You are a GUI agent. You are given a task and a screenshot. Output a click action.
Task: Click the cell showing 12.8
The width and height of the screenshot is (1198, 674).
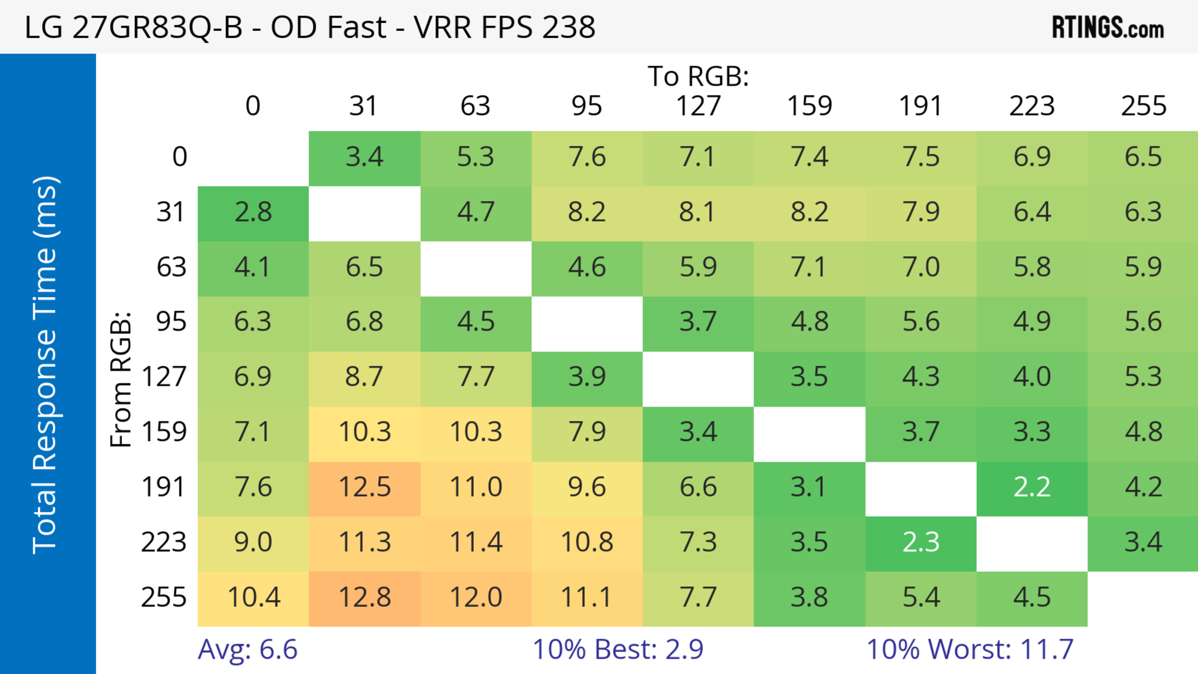365,598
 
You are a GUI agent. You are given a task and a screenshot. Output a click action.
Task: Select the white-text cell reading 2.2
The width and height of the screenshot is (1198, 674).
1032,487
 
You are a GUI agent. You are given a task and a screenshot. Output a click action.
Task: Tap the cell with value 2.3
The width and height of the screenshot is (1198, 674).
921,542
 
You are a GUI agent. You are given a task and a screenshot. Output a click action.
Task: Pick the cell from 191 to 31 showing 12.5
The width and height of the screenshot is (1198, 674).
365,487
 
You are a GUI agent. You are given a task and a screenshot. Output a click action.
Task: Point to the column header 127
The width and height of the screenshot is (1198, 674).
698,106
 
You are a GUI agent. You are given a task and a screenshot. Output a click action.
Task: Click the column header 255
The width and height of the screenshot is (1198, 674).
1144,106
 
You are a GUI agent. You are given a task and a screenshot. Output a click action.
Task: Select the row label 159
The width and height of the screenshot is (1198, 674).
164,432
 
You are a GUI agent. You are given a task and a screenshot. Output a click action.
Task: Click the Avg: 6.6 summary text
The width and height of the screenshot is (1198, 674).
247,649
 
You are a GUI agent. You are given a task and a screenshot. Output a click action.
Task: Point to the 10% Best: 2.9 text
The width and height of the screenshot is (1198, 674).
618,649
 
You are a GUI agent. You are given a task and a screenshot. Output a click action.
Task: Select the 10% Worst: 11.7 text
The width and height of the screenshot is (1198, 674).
970,649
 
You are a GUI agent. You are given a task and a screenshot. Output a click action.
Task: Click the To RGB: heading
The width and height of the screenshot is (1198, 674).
698,76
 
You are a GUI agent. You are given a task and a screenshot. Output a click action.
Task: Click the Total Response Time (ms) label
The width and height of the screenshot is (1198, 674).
46,365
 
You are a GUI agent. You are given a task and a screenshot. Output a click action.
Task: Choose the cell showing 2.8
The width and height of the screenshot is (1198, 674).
253,212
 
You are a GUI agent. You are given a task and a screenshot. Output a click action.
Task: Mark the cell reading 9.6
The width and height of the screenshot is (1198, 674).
587,487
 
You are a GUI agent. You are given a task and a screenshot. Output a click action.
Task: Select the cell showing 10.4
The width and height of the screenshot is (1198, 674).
253,598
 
